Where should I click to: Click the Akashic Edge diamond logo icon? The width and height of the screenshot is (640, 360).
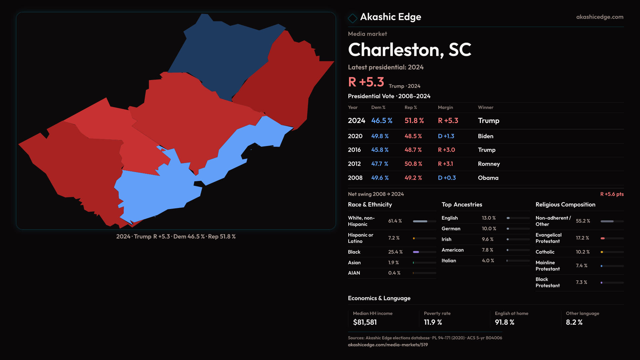[x=352, y=18]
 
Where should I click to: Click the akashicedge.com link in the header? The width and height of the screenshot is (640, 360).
[x=600, y=17]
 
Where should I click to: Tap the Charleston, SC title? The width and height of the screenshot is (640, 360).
[x=409, y=50]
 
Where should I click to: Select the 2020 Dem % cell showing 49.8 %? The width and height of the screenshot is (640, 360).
[x=380, y=136]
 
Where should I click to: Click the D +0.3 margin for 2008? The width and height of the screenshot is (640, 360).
[x=447, y=178]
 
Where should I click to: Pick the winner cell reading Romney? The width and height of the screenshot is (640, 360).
[x=489, y=164]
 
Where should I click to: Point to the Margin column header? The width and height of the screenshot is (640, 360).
[x=445, y=108]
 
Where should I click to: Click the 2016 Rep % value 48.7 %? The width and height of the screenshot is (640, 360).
[x=413, y=150]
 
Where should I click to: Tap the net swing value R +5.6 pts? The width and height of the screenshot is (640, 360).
[x=612, y=194]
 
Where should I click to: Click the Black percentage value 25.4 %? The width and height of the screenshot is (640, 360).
[x=395, y=252]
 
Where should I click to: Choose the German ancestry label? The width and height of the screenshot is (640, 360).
[x=451, y=229]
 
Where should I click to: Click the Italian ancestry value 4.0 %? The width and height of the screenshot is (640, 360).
[x=488, y=261]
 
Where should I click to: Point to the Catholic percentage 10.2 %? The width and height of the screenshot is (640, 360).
[x=583, y=252]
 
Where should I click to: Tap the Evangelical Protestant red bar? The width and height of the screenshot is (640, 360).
[x=603, y=238]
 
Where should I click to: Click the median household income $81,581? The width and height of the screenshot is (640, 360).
[x=365, y=322]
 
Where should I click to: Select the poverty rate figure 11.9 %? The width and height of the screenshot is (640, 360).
[x=433, y=322]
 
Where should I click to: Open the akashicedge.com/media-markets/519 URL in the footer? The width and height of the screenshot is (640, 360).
[x=388, y=345]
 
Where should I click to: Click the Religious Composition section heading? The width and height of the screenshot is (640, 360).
[x=565, y=205]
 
